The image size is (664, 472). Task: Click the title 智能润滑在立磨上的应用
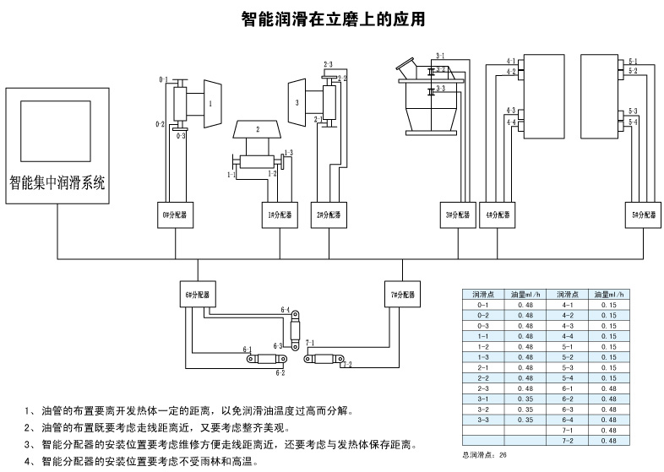pos(332,18)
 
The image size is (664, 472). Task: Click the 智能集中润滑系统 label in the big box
pos(57,182)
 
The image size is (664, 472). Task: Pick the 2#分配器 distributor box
pos(329,215)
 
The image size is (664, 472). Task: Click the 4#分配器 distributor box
pos(498,215)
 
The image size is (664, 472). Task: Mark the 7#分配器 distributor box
pos(401,296)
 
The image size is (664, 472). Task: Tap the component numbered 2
pos(258,129)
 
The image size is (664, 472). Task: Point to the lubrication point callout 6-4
pos(284,311)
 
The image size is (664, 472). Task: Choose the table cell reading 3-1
pos(483,398)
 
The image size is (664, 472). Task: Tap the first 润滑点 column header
pos(483,294)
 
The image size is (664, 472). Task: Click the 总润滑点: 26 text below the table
pos(486,454)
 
